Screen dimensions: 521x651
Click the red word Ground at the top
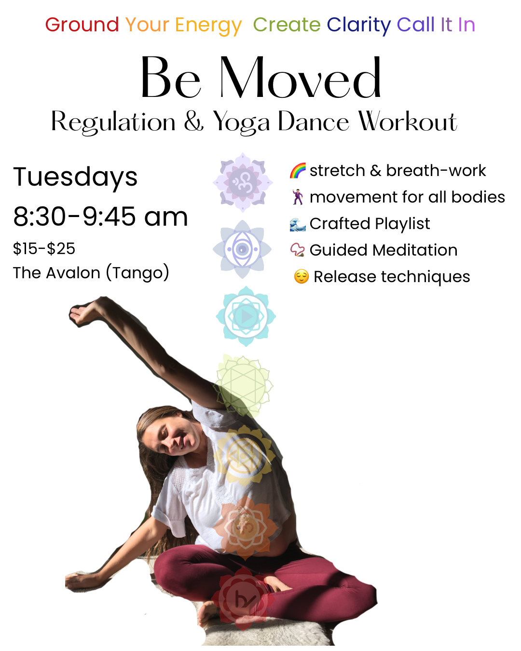click(82, 25)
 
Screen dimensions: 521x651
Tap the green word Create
click(287, 25)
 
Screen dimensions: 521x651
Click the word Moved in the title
click(300, 78)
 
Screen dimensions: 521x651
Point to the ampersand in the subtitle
click(194, 121)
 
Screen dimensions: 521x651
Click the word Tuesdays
click(75, 176)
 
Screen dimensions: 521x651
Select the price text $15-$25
click(44, 249)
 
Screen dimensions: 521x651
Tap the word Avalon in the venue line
click(73, 273)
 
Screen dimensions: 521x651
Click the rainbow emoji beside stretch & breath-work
click(298, 171)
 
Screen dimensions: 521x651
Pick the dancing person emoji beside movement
click(298, 197)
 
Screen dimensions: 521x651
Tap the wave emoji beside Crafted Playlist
click(298, 224)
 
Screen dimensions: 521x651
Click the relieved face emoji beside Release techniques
click(301, 276)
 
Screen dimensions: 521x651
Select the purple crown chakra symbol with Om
click(243, 182)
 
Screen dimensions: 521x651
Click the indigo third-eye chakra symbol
click(242, 249)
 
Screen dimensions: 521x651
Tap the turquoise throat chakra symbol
click(246, 316)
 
